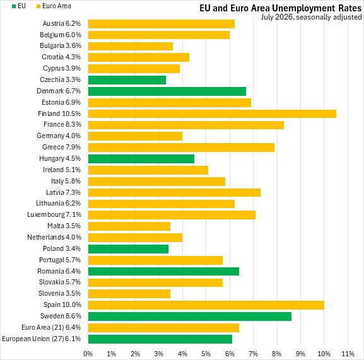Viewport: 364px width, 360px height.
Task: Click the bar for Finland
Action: click(x=212, y=113)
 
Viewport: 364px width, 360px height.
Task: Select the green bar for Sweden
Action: click(x=190, y=316)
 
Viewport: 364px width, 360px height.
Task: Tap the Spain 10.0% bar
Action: click(x=206, y=305)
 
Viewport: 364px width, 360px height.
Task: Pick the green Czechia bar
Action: click(x=127, y=80)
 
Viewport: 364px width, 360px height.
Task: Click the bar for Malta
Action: click(x=129, y=226)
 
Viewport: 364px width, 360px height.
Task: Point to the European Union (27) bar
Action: click(x=160, y=339)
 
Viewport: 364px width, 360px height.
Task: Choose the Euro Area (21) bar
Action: click(x=163, y=328)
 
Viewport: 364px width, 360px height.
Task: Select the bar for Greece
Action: click(x=181, y=148)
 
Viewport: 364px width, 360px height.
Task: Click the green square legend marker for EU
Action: click(x=14, y=6)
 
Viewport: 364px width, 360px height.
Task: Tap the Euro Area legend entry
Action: click(x=54, y=6)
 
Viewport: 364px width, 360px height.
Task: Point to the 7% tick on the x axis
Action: click(x=253, y=354)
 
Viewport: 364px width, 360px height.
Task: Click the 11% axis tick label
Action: click(x=348, y=354)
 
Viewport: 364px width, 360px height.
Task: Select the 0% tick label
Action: click(x=88, y=354)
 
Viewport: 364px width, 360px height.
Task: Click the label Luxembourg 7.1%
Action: click(x=54, y=214)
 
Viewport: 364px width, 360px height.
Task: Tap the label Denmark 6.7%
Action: click(x=59, y=91)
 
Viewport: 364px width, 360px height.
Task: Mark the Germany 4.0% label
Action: click(x=59, y=136)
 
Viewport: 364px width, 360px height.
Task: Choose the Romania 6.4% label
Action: click(x=59, y=271)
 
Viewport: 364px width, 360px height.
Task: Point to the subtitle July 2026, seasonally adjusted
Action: click(x=311, y=17)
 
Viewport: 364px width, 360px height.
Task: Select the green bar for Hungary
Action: click(x=141, y=159)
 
